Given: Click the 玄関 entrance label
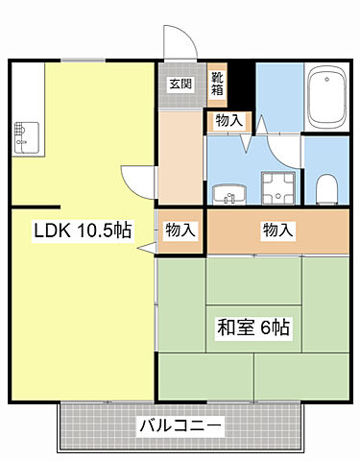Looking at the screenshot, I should click(x=180, y=84).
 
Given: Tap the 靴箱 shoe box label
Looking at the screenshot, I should click(x=218, y=84).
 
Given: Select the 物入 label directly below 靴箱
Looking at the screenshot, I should click(x=228, y=121).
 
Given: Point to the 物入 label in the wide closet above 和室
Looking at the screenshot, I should click(x=278, y=230).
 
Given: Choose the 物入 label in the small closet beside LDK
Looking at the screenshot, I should click(x=180, y=230).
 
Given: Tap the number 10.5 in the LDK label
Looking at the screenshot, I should click(x=97, y=230).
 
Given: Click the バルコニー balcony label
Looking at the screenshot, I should click(x=180, y=425).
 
